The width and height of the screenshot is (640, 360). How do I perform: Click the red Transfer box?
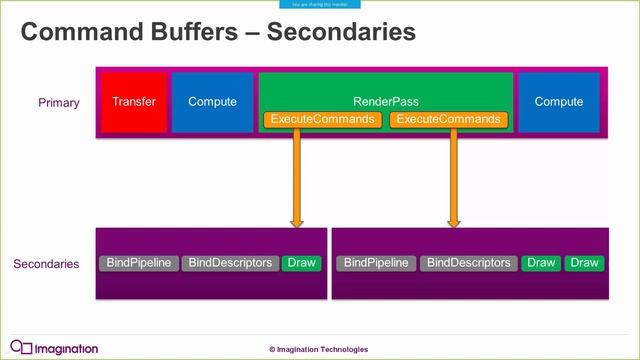(x=134, y=103)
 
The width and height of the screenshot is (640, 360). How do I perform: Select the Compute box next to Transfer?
(x=212, y=103)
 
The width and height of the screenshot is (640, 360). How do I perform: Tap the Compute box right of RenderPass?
(x=559, y=103)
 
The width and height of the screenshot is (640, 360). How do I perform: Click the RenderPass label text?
(x=385, y=101)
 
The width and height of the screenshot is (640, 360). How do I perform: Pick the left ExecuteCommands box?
(x=323, y=120)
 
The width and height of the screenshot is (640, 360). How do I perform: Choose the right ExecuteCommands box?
(x=447, y=120)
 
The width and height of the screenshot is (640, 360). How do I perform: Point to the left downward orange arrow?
(x=297, y=180)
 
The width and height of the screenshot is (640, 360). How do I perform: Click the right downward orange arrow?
(x=453, y=180)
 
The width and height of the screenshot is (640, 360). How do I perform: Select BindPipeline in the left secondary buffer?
(x=138, y=263)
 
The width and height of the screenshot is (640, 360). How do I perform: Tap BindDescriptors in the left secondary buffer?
(x=230, y=263)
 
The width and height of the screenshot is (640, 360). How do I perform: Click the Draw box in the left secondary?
(x=301, y=263)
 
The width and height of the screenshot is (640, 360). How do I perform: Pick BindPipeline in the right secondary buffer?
(x=376, y=263)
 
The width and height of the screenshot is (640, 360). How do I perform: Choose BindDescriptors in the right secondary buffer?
(x=468, y=263)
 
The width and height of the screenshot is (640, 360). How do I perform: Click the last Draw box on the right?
(x=583, y=263)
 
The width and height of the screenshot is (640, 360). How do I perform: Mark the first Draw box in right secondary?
(x=541, y=263)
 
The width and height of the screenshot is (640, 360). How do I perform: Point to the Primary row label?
(x=59, y=103)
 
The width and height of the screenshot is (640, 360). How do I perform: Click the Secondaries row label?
(x=46, y=264)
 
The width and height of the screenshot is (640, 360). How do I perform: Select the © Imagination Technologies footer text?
(x=318, y=349)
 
